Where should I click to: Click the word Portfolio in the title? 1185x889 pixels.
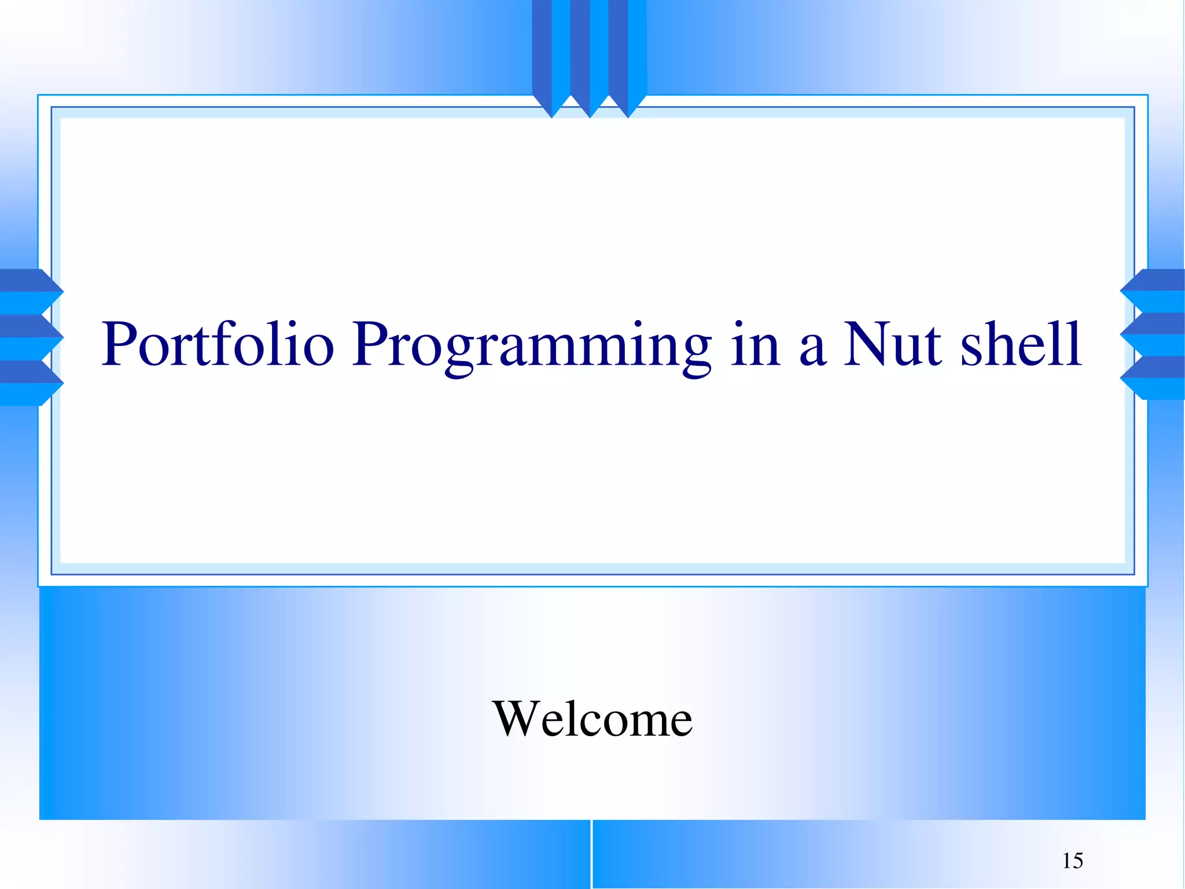(x=218, y=345)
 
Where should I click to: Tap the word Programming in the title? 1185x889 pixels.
(x=531, y=346)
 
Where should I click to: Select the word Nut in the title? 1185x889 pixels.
(x=892, y=345)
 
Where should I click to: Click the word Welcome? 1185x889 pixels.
(x=592, y=719)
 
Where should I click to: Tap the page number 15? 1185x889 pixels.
(x=1072, y=861)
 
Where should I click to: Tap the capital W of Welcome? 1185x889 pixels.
(x=517, y=719)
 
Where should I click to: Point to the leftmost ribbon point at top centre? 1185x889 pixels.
(x=551, y=107)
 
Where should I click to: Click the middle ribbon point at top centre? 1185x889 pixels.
(x=590, y=107)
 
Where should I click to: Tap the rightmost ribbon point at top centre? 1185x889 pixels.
(x=628, y=107)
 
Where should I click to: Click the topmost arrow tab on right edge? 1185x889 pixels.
(x=1155, y=291)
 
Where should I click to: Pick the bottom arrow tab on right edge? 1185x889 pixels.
(x=1155, y=378)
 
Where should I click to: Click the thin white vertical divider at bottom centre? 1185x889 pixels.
(x=591, y=854)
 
